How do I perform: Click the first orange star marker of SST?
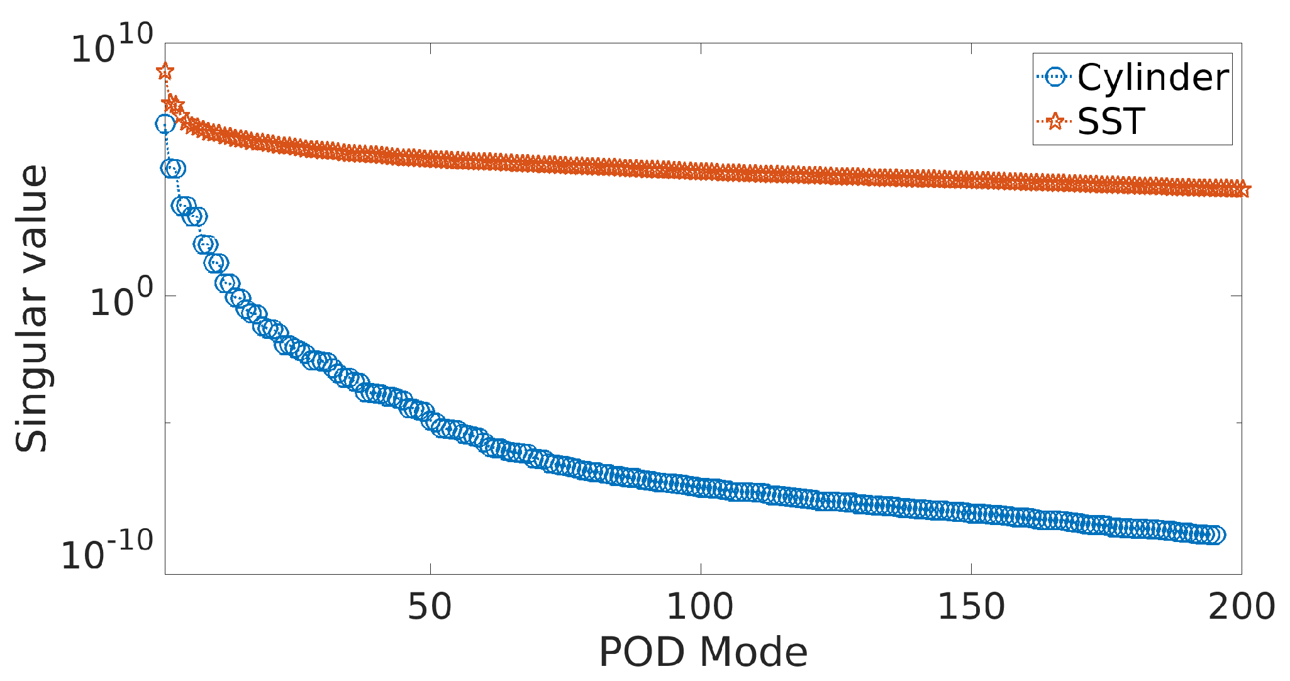165,71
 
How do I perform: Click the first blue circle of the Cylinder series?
165,124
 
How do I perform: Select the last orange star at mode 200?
1242,189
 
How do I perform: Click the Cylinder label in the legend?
1152,78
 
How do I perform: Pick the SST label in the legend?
1111,121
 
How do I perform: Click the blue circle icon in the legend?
1055,78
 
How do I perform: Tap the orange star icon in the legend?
1055,121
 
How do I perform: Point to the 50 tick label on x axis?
430,607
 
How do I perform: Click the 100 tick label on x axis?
700,607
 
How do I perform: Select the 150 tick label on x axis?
971,607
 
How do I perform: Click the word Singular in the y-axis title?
31,377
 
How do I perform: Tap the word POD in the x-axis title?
644,652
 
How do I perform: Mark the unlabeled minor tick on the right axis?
1237,423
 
